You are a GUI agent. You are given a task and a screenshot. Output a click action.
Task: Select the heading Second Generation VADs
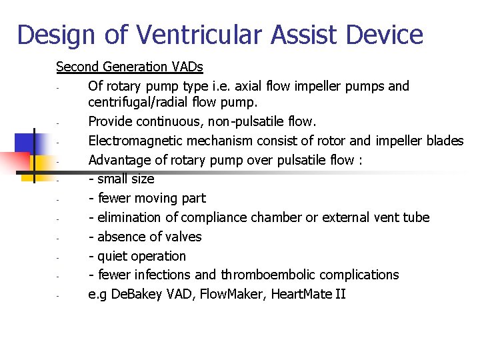click(129, 67)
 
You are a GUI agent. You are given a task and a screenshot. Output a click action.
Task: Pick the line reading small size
click(125, 179)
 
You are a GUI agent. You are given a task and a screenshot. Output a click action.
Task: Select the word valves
click(184, 237)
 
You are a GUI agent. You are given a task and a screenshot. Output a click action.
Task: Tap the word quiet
click(113, 256)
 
